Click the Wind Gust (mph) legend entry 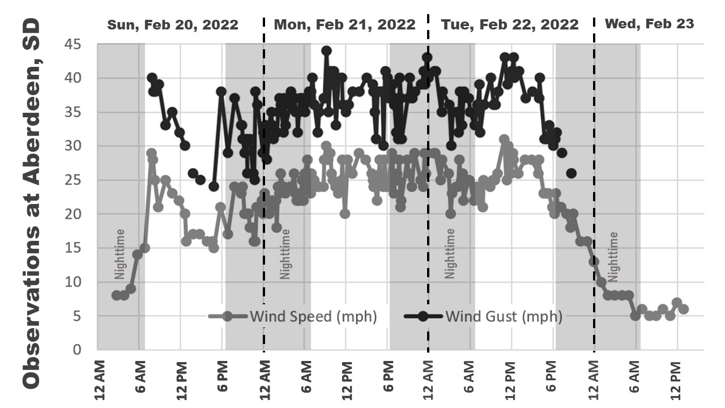(484, 316)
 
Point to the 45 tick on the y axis (74, 44)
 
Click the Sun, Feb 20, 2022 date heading (173, 24)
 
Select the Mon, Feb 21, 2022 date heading (344, 24)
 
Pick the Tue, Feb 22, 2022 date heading (510, 24)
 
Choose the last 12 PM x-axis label (676, 377)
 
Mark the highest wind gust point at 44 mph (326, 51)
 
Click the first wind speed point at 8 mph (117, 295)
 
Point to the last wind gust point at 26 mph (571, 173)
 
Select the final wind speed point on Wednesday (684, 309)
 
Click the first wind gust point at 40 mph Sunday (152, 78)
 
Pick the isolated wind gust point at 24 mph (214, 186)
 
